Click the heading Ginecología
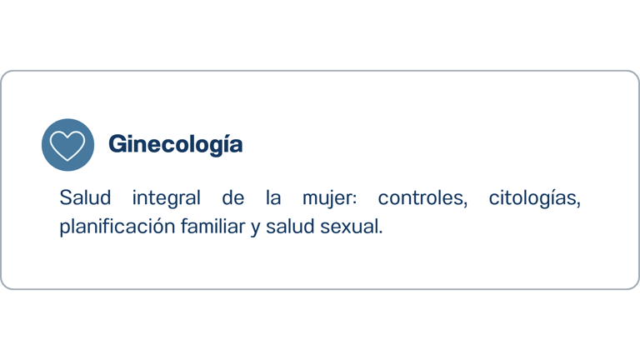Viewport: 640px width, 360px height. point(176,145)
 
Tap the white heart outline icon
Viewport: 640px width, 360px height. point(67,145)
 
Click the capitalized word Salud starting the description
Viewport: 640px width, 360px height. point(85,198)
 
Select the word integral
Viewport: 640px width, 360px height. point(167,199)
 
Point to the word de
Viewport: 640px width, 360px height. point(233,198)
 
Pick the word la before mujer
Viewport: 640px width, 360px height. point(273,198)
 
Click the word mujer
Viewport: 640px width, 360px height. point(327,199)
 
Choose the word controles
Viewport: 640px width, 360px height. point(421,198)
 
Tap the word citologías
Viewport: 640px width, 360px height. point(532,199)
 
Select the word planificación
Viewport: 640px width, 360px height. point(117,227)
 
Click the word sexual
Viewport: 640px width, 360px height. point(349,227)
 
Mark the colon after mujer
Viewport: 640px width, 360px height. point(355,199)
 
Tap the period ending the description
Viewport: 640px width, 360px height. point(380,233)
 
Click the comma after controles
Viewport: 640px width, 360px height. point(465,205)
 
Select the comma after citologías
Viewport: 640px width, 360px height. point(578,205)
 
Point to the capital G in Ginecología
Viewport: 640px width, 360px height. point(117,144)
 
